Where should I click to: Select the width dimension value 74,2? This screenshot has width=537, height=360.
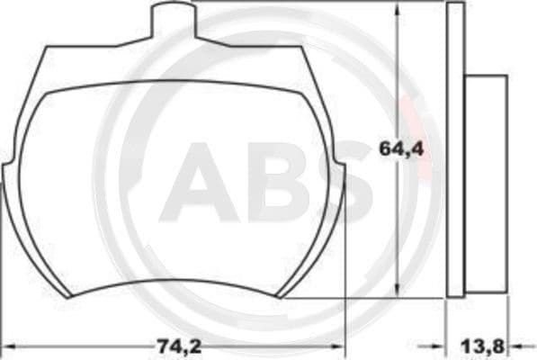(172, 345)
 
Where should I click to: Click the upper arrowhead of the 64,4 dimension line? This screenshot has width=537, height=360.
(397, 9)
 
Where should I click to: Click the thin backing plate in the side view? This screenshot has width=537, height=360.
(454, 148)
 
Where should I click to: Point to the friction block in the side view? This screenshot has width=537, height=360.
(485, 184)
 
